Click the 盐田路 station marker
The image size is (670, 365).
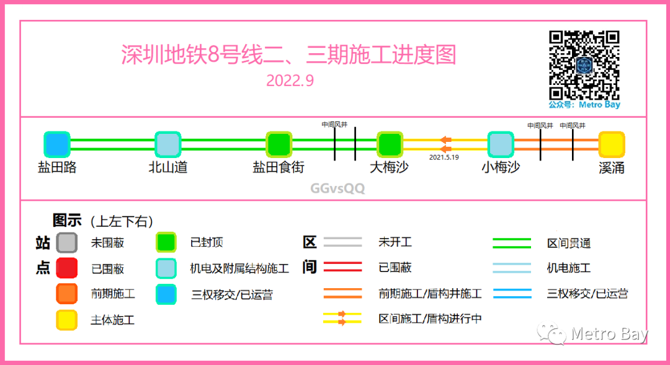click(x=57, y=144)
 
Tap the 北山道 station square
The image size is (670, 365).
click(x=167, y=144)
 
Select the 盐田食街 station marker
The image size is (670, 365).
click(x=279, y=144)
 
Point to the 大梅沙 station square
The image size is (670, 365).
click(x=390, y=144)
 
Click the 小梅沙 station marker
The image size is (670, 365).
click(x=501, y=144)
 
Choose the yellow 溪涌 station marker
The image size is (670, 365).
click(x=612, y=144)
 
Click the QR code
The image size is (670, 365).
click(x=584, y=65)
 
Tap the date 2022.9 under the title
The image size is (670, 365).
click(x=288, y=81)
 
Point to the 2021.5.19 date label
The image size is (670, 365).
click(x=444, y=157)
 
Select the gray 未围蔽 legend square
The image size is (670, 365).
click(x=66, y=242)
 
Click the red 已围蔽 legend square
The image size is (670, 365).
click(x=66, y=268)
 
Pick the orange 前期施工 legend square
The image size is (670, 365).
click(x=66, y=294)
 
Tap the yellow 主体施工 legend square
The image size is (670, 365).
click(x=66, y=320)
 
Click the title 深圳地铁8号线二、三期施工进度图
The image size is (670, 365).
click(x=288, y=55)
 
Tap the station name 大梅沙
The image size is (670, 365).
click(x=390, y=167)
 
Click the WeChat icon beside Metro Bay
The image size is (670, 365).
click(x=552, y=335)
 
